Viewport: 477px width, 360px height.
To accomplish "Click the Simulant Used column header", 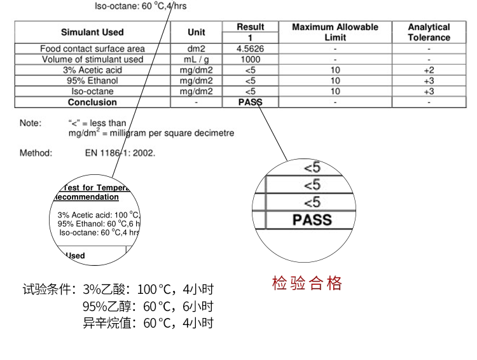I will coord(92,32).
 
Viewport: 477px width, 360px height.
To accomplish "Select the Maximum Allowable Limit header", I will coord(335,32).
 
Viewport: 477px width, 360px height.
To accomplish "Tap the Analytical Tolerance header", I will coord(429,32).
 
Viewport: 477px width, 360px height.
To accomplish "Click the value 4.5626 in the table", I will coord(250,48).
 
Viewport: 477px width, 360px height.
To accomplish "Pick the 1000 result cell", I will coord(250,59).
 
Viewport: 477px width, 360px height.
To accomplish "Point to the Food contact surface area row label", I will coord(92,48).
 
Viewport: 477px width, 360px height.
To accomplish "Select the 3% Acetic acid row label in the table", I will coord(92,70).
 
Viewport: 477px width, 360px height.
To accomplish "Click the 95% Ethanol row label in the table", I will coord(92,81).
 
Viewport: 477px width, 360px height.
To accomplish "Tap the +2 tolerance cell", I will coord(429,70).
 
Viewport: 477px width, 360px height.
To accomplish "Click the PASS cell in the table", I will coord(250,102).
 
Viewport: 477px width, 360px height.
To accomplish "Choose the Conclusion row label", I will coord(92,102).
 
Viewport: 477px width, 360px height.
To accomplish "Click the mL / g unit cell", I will coord(197,59).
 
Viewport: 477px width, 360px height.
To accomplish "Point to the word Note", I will coord(30,123).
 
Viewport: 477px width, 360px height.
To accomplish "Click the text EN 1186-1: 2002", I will coord(120,153).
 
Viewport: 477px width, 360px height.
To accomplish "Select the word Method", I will coord(36,153).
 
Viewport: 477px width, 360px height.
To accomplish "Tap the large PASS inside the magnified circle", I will coord(312,220).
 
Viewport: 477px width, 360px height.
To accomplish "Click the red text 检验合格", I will coord(307,283).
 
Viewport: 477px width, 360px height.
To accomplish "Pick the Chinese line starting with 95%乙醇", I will coord(148,307).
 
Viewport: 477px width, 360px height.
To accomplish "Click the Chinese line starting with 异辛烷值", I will coord(148,323).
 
